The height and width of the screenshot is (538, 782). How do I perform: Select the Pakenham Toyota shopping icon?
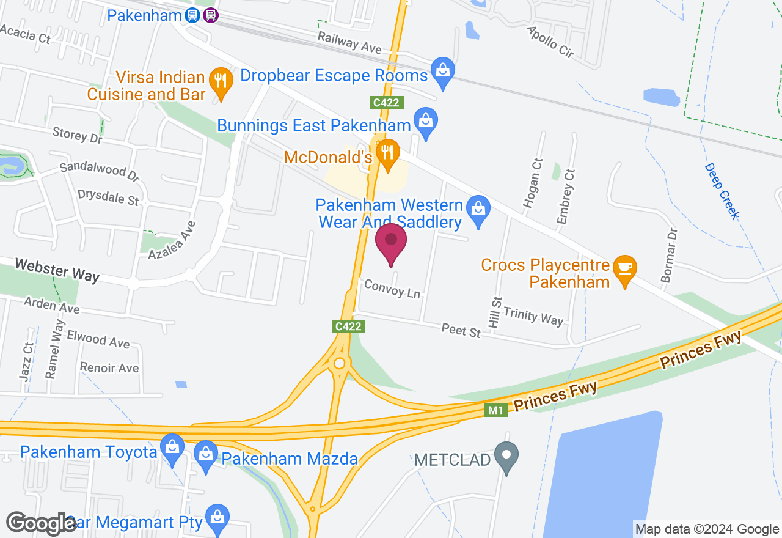173,449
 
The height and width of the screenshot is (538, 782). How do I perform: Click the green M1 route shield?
497,411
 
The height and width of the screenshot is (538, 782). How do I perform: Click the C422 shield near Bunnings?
387,102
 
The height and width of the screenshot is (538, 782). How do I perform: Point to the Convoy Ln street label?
392,289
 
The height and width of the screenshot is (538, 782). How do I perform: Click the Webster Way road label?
57,270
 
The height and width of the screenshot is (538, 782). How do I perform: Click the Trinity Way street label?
533,315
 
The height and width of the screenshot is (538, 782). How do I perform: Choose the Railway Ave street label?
349,43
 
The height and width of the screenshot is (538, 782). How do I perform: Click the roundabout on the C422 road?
339,363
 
